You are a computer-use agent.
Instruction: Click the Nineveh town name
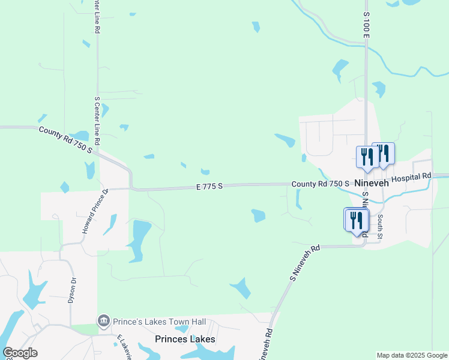[372, 183]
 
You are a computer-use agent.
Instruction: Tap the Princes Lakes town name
[185, 339]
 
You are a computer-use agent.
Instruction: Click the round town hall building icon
[103, 321]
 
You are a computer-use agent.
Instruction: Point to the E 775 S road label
[209, 187]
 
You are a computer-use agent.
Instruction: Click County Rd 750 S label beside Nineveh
[321, 184]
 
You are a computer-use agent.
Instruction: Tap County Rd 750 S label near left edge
[65, 140]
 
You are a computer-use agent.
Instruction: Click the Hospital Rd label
[411, 178]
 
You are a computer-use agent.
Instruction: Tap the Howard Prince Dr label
[94, 211]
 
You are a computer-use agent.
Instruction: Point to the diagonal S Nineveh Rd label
[306, 262]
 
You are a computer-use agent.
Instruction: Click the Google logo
[20, 353]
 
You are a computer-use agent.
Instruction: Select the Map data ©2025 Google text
[412, 355]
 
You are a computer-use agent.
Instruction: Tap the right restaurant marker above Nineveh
[383, 154]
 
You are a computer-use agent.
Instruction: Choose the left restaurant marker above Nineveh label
[366, 157]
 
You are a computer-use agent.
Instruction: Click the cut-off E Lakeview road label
[124, 347]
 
